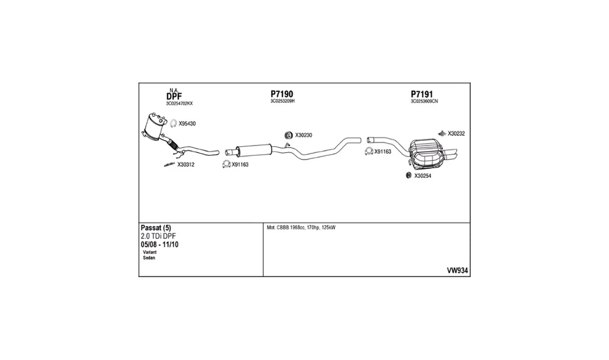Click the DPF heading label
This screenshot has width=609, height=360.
(x=174, y=96)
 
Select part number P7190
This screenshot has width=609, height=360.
(x=281, y=94)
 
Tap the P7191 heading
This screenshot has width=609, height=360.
(x=422, y=94)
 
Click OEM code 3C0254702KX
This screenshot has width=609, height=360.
(x=179, y=104)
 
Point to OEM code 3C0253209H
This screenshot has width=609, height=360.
(x=283, y=101)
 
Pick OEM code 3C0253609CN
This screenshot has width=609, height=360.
(x=424, y=101)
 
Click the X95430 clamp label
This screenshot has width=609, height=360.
(x=187, y=124)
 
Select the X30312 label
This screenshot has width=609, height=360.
(x=186, y=164)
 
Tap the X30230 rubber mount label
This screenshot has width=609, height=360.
(x=303, y=135)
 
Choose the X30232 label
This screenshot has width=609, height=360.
(x=456, y=133)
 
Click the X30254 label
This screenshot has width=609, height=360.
(x=423, y=176)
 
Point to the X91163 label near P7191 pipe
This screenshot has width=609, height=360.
(x=382, y=152)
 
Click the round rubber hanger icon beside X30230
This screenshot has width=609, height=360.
(x=289, y=135)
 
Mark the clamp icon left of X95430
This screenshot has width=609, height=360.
(x=174, y=124)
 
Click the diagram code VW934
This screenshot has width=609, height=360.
(x=457, y=270)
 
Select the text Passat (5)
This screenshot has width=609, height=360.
(x=156, y=228)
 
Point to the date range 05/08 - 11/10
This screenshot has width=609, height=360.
(x=160, y=245)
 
